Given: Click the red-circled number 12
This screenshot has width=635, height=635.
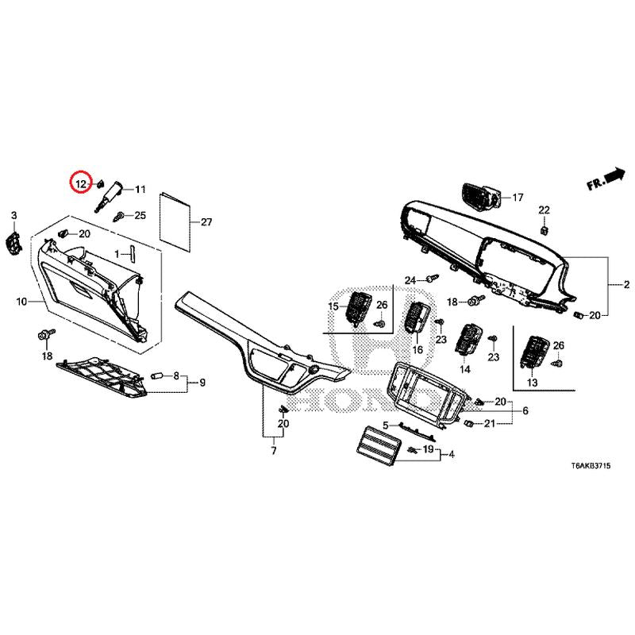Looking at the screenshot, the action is pyautogui.click(x=81, y=184).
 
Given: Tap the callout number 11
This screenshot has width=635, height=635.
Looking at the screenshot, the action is pyautogui.click(x=140, y=189).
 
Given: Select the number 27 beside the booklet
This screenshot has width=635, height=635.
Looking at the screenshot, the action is pyautogui.click(x=206, y=222).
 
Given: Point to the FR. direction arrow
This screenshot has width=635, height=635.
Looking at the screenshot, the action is pyautogui.click(x=606, y=179).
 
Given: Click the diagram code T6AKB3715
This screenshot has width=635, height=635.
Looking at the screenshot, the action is pyautogui.click(x=591, y=466).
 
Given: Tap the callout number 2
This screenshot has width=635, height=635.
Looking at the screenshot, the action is pyautogui.click(x=626, y=285).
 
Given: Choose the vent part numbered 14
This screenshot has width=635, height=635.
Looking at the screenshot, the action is pyautogui.click(x=468, y=339).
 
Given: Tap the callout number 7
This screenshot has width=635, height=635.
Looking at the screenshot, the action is pyautogui.click(x=274, y=450).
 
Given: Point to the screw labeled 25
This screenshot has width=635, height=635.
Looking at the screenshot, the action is pyautogui.click(x=118, y=216).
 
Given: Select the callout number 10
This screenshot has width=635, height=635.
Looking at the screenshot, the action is pyautogui.click(x=21, y=302).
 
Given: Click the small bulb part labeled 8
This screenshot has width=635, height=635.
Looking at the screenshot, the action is pyautogui.click(x=156, y=376).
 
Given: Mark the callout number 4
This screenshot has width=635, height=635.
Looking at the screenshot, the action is pyautogui.click(x=452, y=454).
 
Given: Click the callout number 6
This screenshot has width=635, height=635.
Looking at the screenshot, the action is pyautogui.click(x=525, y=410).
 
